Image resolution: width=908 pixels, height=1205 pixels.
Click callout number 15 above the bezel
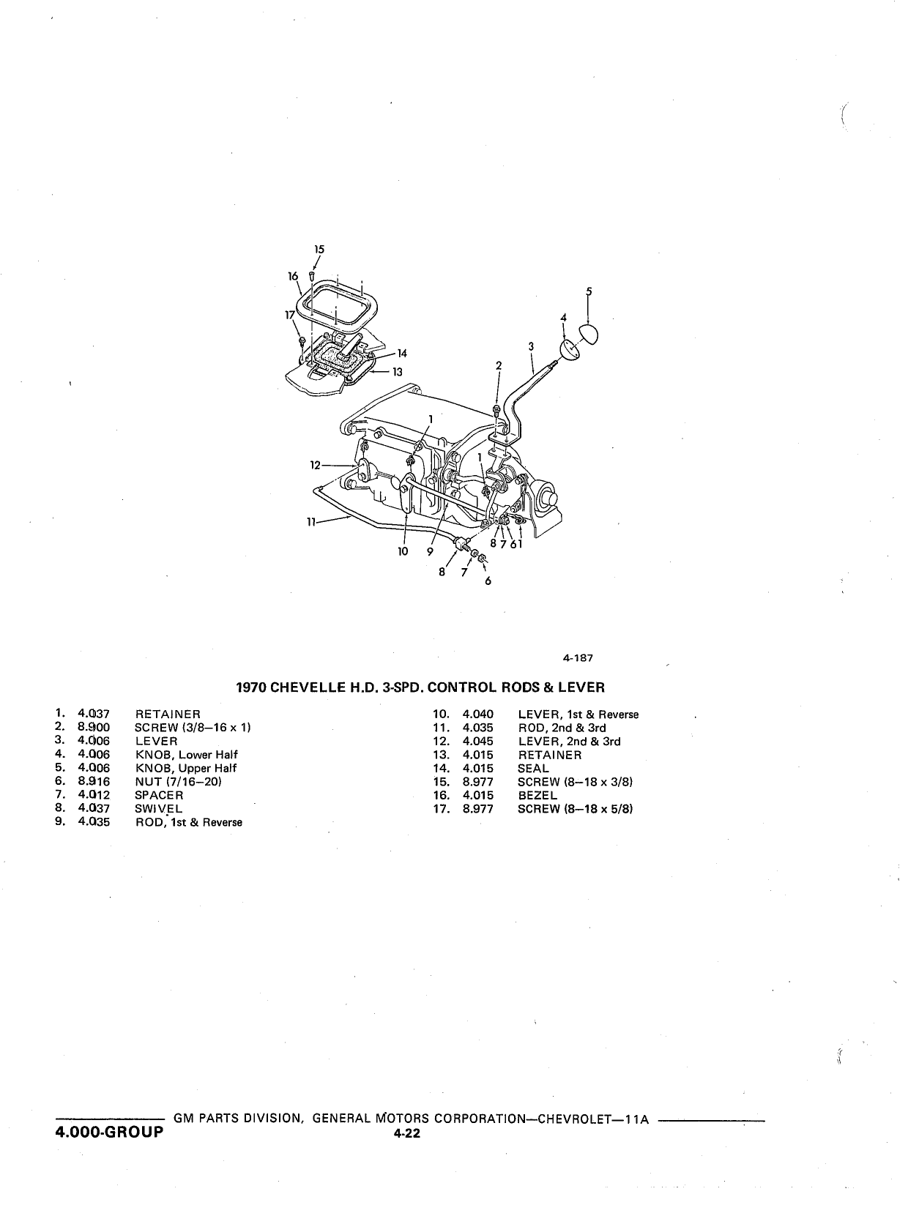[x=319, y=249]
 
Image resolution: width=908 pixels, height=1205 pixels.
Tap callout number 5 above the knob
[x=589, y=291]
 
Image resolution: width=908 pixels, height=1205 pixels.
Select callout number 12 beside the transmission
[x=315, y=465]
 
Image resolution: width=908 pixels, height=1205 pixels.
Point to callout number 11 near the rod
[x=311, y=522]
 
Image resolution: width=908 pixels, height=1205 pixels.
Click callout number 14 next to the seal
[x=402, y=353]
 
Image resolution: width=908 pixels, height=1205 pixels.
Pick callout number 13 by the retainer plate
[x=398, y=372]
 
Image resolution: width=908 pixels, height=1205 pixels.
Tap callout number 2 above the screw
[x=499, y=365]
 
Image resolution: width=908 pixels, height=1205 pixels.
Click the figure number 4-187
[x=578, y=657]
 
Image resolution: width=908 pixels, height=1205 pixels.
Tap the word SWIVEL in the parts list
[x=159, y=809]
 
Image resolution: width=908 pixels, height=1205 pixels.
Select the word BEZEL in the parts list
[x=537, y=795]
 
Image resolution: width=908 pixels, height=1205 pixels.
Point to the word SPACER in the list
[x=159, y=795]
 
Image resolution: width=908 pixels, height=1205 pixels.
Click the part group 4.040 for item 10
[x=477, y=715]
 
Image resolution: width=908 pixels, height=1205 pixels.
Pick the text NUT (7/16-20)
[x=178, y=781]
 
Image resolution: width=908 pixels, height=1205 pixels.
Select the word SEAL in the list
[x=533, y=768]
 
